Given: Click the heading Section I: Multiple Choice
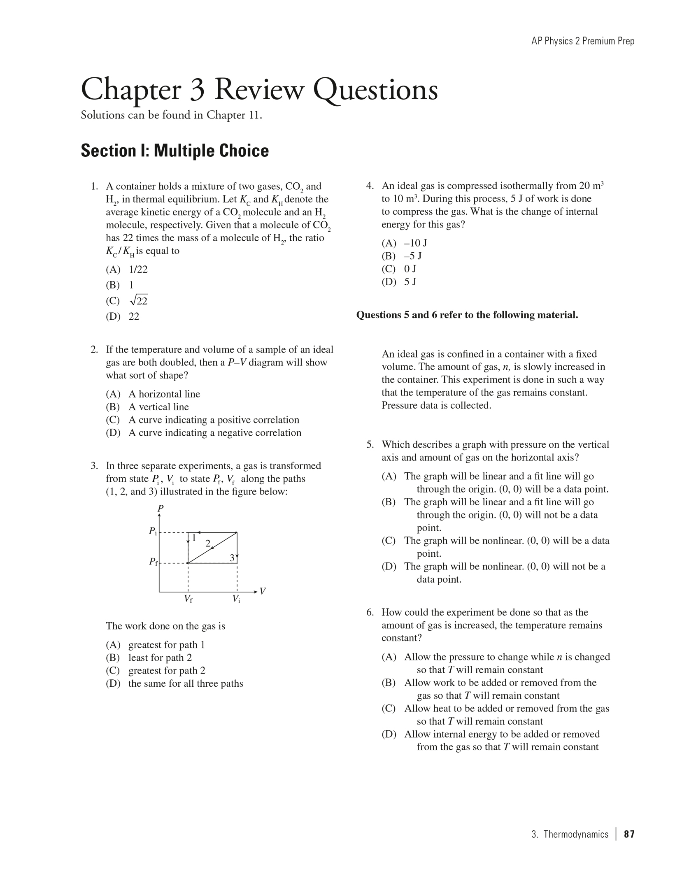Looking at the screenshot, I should click(x=175, y=151).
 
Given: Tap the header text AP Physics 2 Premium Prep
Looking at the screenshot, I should click(x=583, y=41).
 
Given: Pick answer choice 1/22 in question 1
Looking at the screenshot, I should click(x=138, y=270).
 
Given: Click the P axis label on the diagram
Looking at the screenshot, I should click(x=161, y=509).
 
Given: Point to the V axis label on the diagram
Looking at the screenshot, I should click(x=263, y=591).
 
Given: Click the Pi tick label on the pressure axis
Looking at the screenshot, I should click(x=153, y=532).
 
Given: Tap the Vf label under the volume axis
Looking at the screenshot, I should click(x=188, y=599).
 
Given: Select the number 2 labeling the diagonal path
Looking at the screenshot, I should click(x=208, y=543).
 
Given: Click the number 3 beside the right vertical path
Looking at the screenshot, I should click(x=232, y=558).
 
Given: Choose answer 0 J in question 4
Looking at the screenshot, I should click(x=410, y=269).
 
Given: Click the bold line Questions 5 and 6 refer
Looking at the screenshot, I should click(x=467, y=315).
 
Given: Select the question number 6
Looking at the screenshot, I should click(x=370, y=612).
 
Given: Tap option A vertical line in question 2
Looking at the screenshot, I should click(x=158, y=407).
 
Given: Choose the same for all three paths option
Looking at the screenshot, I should click(x=186, y=683).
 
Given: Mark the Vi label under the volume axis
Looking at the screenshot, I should click(x=236, y=599).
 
